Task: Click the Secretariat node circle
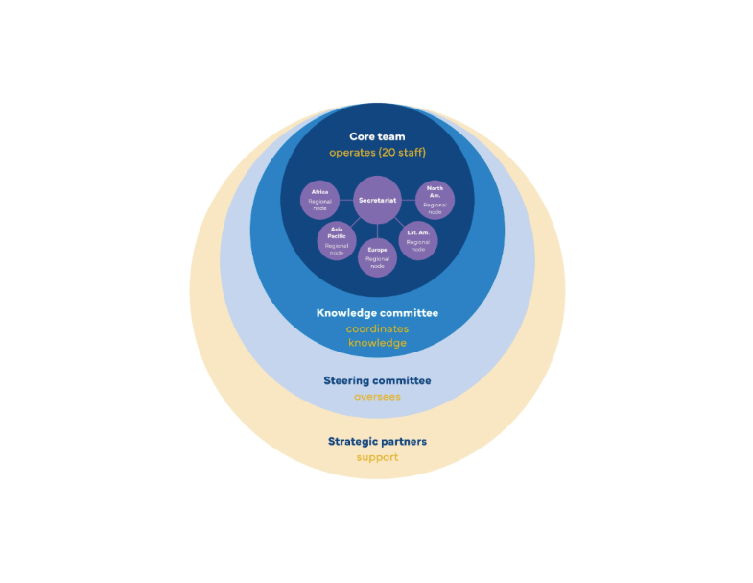pyautogui.click(x=377, y=200)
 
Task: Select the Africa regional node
pyautogui.click(x=319, y=200)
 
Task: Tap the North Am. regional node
pyautogui.click(x=435, y=200)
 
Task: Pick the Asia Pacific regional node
pyautogui.click(x=337, y=239)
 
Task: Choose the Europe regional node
pyautogui.click(x=377, y=257)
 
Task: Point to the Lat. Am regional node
pyautogui.click(x=418, y=239)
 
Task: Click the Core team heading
pyautogui.click(x=377, y=136)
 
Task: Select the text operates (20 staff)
pyautogui.click(x=377, y=153)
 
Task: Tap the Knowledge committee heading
pyautogui.click(x=377, y=312)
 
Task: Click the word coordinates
pyautogui.click(x=377, y=328)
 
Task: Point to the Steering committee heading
pyautogui.click(x=377, y=380)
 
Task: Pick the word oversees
pyautogui.click(x=377, y=396)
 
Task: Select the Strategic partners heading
pyautogui.click(x=377, y=441)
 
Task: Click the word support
pyautogui.click(x=377, y=457)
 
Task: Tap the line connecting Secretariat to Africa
pyautogui.click(x=346, y=200)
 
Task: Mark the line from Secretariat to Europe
pyautogui.click(x=377, y=231)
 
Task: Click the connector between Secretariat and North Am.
pyautogui.click(x=408, y=200)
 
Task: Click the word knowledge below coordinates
pyautogui.click(x=377, y=343)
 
